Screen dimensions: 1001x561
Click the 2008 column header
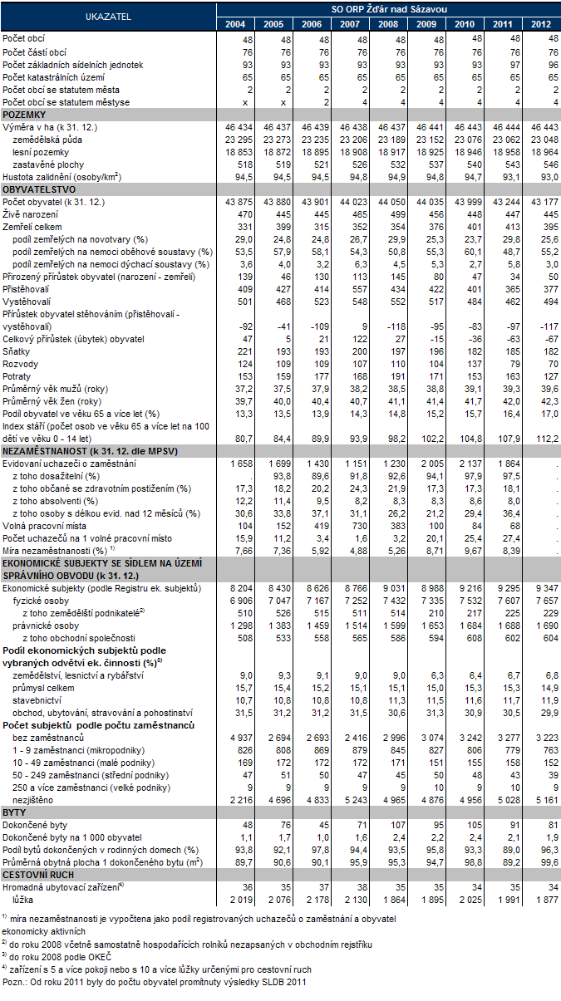coord(387,23)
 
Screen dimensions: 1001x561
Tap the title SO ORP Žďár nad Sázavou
coord(388,7)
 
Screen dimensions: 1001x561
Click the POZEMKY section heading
coord(24,114)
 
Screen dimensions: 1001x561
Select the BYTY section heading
coord(14,811)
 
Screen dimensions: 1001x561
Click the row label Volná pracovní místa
coord(42,525)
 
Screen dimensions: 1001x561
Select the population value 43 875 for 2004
coord(231,203)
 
